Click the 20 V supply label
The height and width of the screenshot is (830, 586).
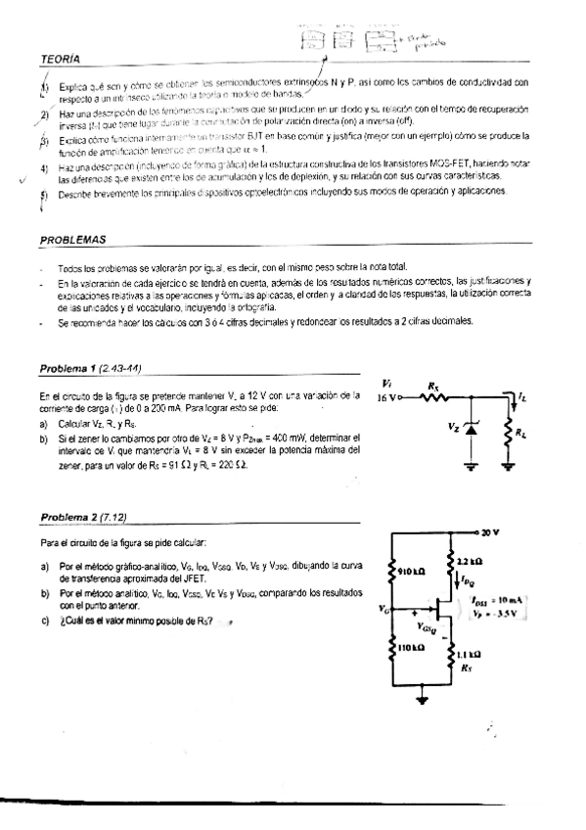tap(489, 532)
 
